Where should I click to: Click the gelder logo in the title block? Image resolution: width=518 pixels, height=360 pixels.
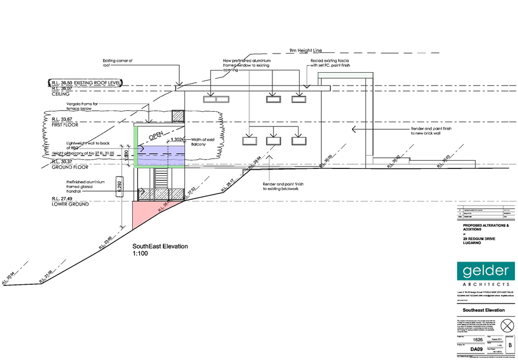coord(486,271)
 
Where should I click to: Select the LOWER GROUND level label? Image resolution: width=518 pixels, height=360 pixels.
coord(70,204)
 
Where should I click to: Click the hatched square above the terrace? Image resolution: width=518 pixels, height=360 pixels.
coord(178,116)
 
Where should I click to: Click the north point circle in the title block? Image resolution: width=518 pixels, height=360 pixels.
coord(508,324)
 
